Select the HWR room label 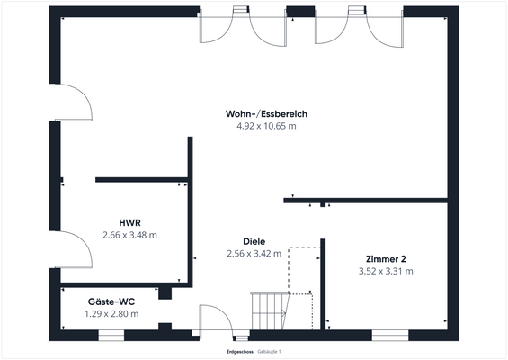(129, 222)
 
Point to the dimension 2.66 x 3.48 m (129, 235)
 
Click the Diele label (254, 241)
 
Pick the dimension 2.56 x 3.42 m (254, 254)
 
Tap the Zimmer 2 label (385, 258)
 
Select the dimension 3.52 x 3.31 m (385, 271)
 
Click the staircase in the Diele (269, 311)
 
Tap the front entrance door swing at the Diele (216, 319)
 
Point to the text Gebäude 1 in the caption (270, 350)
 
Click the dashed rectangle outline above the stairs (305, 261)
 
